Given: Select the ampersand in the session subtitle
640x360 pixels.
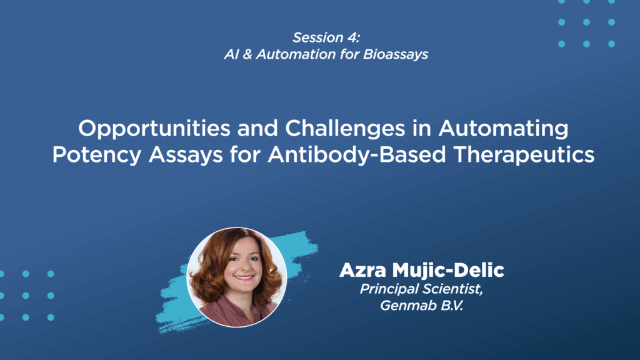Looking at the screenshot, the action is [247, 54].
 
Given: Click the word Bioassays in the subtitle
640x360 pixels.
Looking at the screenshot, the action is [396, 54].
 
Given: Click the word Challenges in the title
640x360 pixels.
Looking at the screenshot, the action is [345, 129].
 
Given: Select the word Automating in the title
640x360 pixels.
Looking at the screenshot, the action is [503, 129].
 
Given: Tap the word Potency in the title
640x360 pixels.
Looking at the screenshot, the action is [97, 155].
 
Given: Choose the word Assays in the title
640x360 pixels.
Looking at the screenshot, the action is [186, 155].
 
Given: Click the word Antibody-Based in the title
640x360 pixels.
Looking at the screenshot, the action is [357, 155].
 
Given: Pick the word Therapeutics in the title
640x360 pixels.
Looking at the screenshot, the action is [524, 155].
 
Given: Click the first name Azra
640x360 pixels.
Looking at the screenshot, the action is [362, 270].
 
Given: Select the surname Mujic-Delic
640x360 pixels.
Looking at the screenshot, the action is [448, 270].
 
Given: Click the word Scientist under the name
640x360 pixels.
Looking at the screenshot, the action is [452, 289].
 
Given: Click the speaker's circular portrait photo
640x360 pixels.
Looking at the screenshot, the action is [237, 277].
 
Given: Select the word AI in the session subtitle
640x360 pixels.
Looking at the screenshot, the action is [231, 54].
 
